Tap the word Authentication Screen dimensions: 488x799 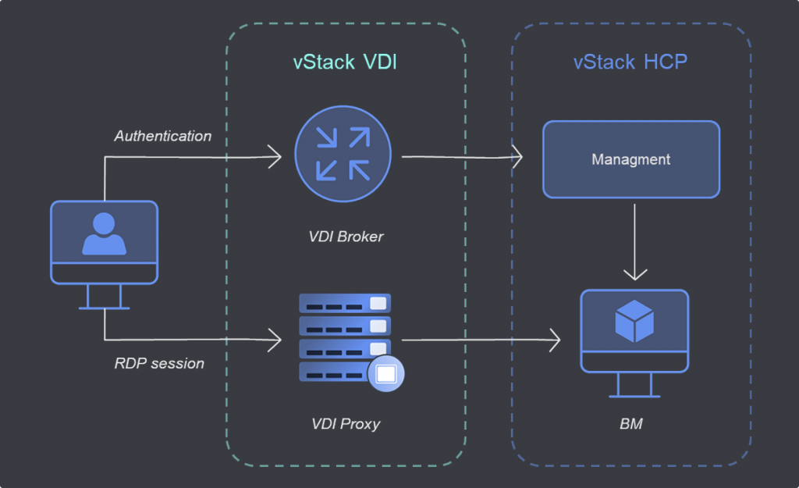pos(163,136)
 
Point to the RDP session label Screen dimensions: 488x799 pos(159,363)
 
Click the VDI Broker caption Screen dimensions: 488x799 pos(346,236)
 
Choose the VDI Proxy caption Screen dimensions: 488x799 pos(345,425)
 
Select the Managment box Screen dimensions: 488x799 pos(630,159)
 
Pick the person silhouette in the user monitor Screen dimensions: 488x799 pos(105,234)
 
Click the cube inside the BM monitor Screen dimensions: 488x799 pos(634,322)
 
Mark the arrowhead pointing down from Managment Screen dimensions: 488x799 pos(635,274)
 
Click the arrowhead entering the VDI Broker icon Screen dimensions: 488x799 pos(276,157)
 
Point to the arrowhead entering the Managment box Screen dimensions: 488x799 pos(517,157)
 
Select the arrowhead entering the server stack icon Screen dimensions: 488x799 pos(275,340)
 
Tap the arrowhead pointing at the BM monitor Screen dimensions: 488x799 pos(556,340)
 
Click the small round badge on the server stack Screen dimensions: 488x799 pos(385,373)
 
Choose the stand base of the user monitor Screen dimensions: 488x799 pos(104,307)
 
